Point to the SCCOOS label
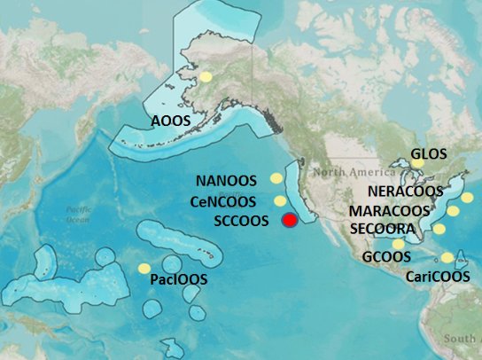point(241,222)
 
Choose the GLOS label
point(429,153)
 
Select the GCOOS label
point(386,256)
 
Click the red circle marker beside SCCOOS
point(289,221)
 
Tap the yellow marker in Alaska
point(206,77)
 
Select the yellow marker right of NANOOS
point(276,179)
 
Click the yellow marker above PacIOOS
point(144,269)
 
